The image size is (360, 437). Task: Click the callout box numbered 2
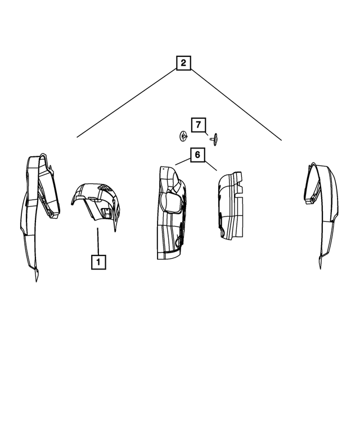(183, 62)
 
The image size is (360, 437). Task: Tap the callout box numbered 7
(199, 125)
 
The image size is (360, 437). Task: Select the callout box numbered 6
(197, 155)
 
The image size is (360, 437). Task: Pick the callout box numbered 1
(98, 262)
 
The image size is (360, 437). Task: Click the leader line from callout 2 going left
(127, 103)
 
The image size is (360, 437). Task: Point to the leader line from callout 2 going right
(236, 105)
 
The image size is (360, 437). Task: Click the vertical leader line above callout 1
(98, 241)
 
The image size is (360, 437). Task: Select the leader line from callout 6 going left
(183, 161)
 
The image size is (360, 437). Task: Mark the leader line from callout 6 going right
(210, 166)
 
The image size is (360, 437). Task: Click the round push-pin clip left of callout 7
(182, 136)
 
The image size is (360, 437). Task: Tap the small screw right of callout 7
(214, 139)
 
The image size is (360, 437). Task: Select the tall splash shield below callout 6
(171, 213)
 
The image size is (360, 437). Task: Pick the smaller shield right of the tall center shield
(231, 206)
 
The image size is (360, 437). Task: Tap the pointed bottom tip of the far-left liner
(36, 282)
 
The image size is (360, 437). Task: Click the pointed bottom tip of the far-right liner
(320, 269)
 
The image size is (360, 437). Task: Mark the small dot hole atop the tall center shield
(164, 169)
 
